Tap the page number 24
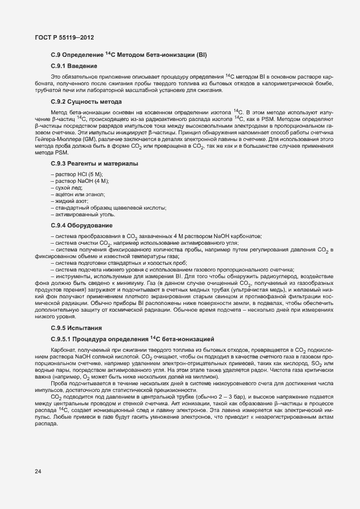[x=38, y=471]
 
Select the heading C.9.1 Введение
[x=74, y=66]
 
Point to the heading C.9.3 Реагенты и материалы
[x=94, y=164]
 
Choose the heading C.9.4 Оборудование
[x=81, y=225]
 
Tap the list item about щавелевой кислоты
[x=110, y=207]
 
